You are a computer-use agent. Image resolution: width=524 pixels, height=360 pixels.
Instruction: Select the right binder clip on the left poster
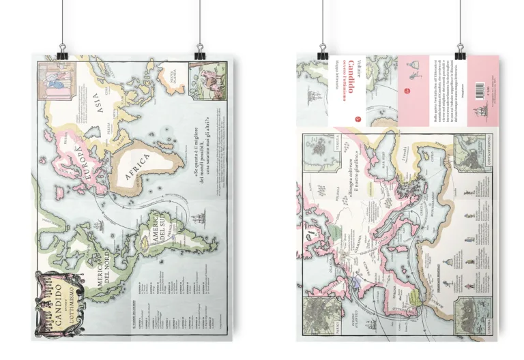point(200,51)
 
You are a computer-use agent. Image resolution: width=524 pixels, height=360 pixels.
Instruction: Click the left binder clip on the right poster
point(322,51)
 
